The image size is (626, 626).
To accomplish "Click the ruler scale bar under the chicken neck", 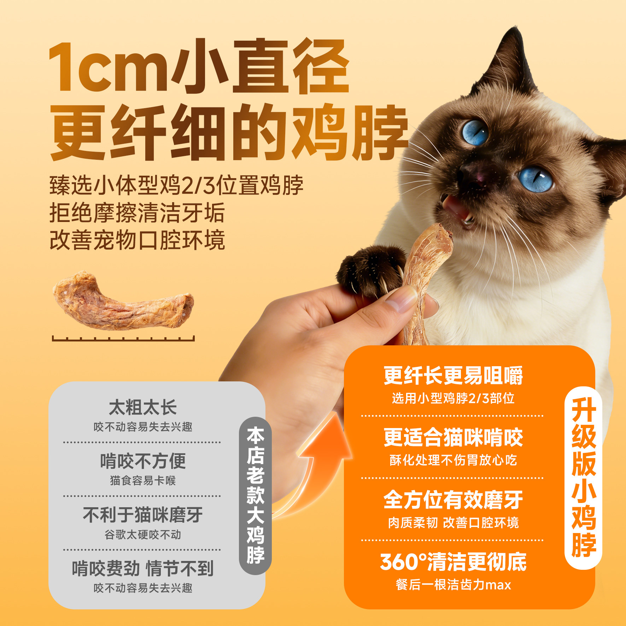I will click(123, 339).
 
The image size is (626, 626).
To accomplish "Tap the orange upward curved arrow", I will click(318, 463).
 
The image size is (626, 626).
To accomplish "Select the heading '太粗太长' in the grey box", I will click(143, 407).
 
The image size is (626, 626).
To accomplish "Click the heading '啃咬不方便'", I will click(143, 461).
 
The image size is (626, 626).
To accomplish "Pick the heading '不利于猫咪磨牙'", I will click(143, 515).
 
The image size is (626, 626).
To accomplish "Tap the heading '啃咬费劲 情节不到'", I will click(143, 568).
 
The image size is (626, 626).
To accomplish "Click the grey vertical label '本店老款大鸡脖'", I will click(255, 495).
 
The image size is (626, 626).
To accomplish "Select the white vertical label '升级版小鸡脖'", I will click(584, 477).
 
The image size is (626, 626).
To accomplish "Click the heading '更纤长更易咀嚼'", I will click(453, 375).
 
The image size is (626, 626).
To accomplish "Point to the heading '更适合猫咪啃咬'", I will click(453, 438).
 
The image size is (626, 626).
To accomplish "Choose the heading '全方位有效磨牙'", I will click(453, 500).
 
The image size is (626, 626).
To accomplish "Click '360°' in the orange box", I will click(403, 562).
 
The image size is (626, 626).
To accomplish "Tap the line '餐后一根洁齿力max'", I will click(453, 585).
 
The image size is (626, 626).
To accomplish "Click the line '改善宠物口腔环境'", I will click(137, 240).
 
